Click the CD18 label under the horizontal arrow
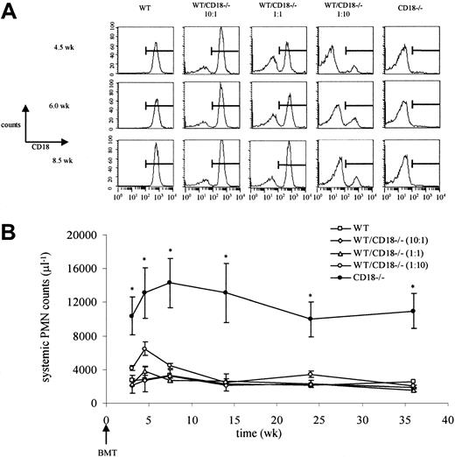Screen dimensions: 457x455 (39, 147)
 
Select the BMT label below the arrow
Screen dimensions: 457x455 (106, 446)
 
